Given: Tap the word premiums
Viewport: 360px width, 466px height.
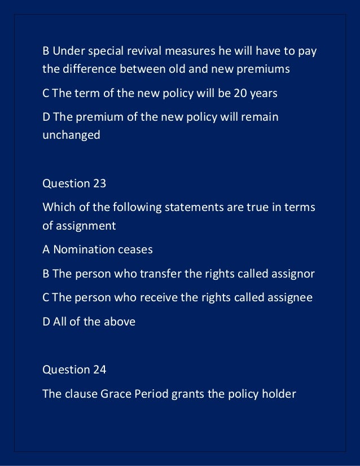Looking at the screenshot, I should (x=264, y=69).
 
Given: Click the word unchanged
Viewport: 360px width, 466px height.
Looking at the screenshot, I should (x=71, y=135).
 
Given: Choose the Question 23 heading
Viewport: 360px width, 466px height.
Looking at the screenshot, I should (x=74, y=183).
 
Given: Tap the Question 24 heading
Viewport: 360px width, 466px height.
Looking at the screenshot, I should (x=74, y=370).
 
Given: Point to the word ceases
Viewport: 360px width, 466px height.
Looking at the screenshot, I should (x=135, y=249).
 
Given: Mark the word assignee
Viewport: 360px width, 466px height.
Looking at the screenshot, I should (x=289, y=297).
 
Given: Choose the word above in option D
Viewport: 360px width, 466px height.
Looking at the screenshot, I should (x=119, y=322).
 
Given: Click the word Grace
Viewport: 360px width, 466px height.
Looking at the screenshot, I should (x=116, y=393).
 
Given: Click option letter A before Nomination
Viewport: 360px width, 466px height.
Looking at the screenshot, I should (x=46, y=249).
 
